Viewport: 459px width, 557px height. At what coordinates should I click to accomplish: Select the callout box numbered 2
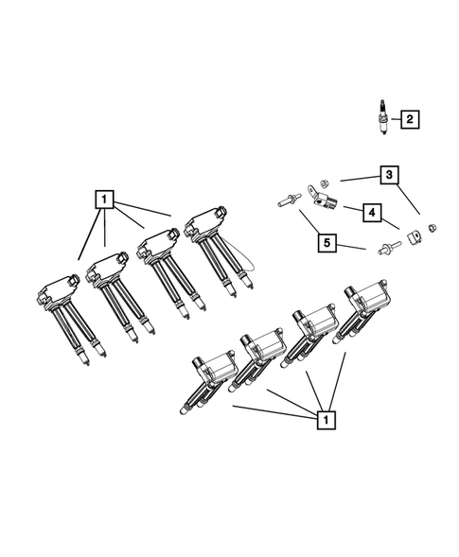click(x=409, y=120)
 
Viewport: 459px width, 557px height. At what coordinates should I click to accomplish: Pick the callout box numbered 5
click(x=327, y=243)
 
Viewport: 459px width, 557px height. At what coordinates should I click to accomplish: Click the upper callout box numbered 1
click(x=104, y=200)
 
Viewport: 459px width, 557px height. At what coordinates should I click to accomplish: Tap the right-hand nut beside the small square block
click(x=431, y=227)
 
